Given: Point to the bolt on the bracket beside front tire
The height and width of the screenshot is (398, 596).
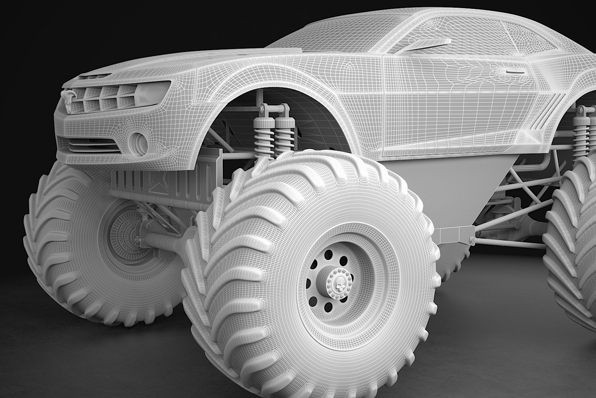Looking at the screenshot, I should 472,240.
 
